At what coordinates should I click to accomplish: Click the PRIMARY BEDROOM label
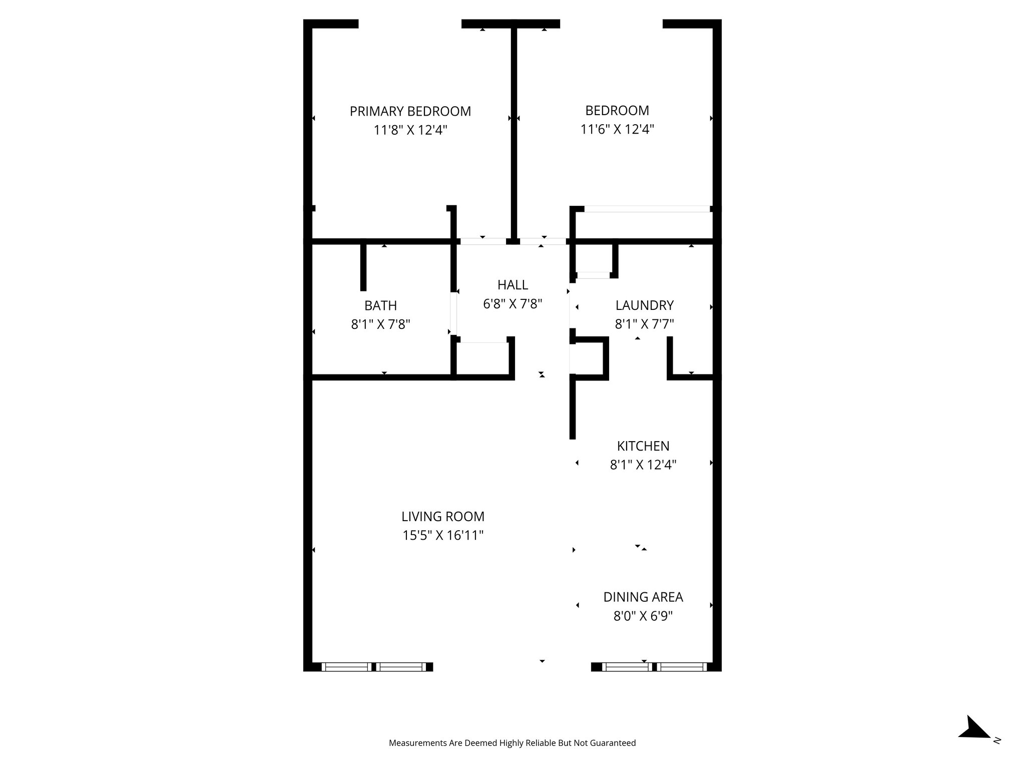point(410,111)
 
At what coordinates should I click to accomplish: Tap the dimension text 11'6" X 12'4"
point(617,130)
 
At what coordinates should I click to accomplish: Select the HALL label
point(512,285)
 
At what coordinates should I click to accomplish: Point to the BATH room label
point(380,305)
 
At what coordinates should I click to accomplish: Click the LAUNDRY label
point(644,305)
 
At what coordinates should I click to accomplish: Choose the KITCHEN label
point(643,446)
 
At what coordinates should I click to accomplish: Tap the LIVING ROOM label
point(442,516)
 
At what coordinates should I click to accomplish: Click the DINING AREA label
point(643,597)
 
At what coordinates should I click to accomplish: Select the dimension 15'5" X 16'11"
point(442,536)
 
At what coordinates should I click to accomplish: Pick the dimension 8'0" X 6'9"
point(643,616)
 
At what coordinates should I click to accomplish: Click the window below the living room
point(374,666)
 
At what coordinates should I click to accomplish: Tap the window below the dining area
point(654,666)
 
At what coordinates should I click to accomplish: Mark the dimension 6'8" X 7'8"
point(512,304)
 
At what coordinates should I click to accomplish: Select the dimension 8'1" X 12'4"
point(643,465)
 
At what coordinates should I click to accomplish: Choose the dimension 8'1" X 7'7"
point(644,324)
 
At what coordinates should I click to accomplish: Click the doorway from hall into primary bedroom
point(482,241)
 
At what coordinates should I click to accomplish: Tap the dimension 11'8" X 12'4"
point(410,130)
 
